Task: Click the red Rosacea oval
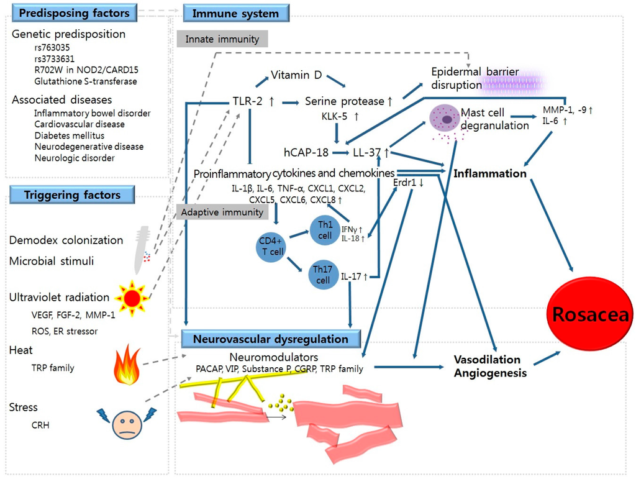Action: click(x=590, y=314)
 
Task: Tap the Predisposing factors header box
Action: click(x=73, y=12)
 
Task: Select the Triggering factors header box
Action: click(x=72, y=195)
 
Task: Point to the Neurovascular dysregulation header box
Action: click(x=271, y=339)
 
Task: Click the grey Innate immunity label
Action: click(x=222, y=39)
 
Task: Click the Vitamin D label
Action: click(x=296, y=75)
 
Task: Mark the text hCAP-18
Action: click(x=306, y=151)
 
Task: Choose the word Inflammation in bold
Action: click(x=490, y=173)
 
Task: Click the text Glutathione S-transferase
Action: click(x=86, y=81)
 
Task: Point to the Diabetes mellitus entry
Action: click(x=70, y=135)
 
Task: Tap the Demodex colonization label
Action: click(x=66, y=240)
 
